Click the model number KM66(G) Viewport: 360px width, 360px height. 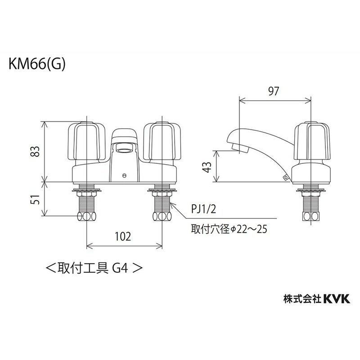coord(37,64)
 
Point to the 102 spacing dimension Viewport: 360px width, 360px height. coord(124,236)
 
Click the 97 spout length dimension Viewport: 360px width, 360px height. coord(274,91)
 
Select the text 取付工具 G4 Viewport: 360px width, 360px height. coord(94,269)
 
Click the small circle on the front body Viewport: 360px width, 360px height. coord(124,175)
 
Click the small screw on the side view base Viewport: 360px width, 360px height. coord(285,179)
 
